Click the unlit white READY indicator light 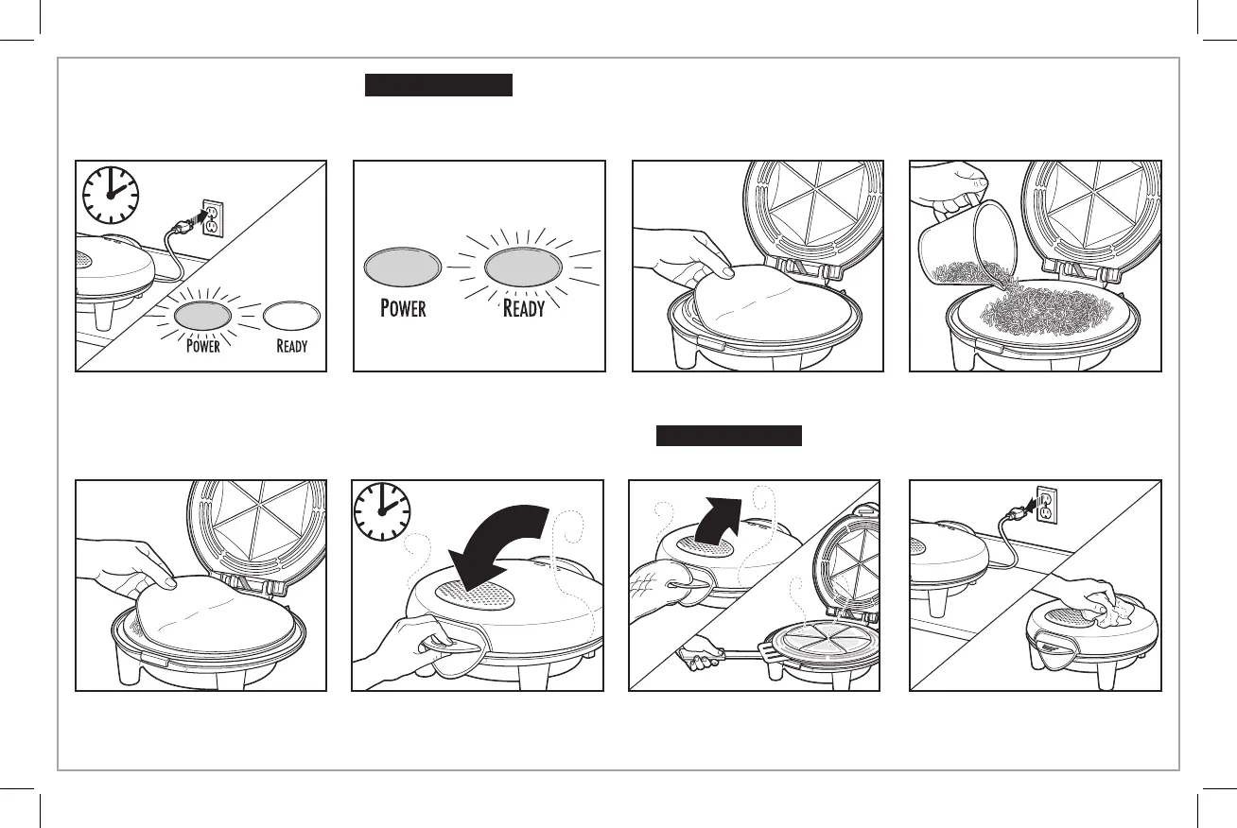click(291, 315)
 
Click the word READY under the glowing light click(524, 308)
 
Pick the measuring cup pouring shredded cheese click(957, 245)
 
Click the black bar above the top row click(438, 85)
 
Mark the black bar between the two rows click(728, 436)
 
